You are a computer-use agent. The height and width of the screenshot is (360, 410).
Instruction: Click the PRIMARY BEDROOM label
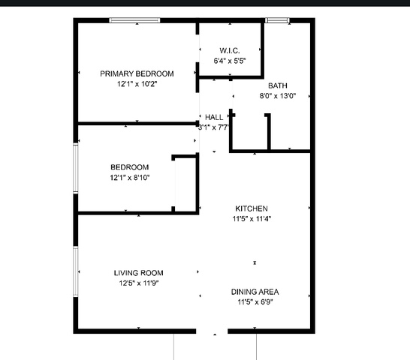(x=137, y=73)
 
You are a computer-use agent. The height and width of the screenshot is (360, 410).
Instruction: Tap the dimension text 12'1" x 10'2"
(x=137, y=84)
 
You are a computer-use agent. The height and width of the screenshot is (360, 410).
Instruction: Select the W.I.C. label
(x=230, y=50)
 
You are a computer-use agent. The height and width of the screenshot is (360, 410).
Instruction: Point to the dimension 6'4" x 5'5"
(x=230, y=61)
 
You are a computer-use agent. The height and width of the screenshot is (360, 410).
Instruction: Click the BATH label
(x=278, y=85)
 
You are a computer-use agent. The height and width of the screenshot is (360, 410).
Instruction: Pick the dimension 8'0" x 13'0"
(x=278, y=96)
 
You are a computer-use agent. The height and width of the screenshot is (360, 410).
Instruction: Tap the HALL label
(x=214, y=117)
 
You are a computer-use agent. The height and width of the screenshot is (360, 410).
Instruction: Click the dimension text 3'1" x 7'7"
(x=213, y=127)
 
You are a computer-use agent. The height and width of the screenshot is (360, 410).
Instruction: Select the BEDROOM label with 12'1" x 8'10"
(x=130, y=167)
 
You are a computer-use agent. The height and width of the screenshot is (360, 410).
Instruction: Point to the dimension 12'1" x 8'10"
(x=130, y=178)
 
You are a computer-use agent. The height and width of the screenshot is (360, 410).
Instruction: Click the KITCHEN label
(x=252, y=208)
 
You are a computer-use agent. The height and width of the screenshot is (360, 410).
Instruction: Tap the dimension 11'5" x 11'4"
(x=252, y=219)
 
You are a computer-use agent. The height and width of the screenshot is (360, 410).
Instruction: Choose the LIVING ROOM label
(x=139, y=273)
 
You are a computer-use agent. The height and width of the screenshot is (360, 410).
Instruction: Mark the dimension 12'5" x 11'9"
(x=139, y=283)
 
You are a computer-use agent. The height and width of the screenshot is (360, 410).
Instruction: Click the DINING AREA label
(x=255, y=292)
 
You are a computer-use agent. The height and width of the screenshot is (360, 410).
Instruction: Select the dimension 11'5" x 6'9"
(x=255, y=302)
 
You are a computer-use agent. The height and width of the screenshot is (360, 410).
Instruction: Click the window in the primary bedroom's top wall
(x=134, y=20)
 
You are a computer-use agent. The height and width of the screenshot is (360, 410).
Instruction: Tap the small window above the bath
(x=277, y=20)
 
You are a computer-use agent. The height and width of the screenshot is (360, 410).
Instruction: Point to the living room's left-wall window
(x=76, y=271)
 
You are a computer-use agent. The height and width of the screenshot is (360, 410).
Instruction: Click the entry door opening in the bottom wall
(x=212, y=331)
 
